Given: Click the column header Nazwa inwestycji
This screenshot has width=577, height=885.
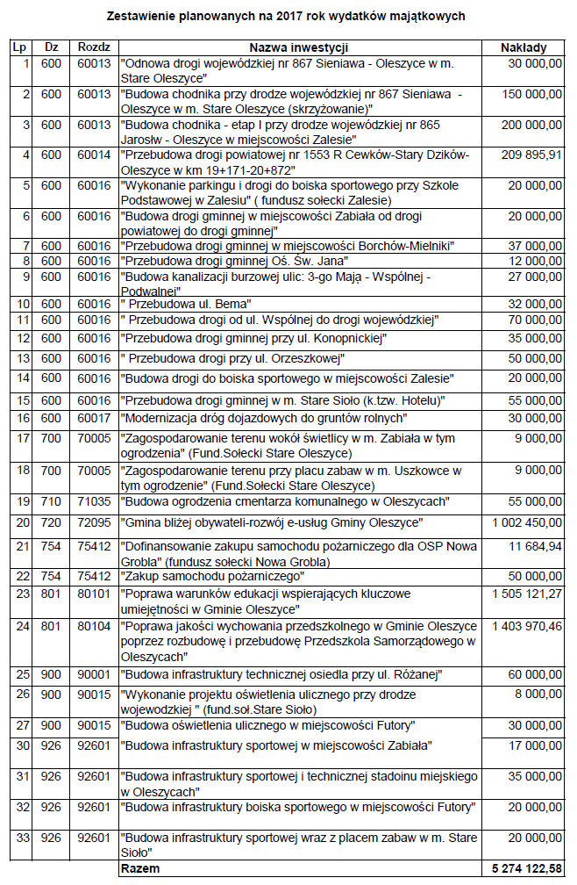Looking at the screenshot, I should [x=299, y=47].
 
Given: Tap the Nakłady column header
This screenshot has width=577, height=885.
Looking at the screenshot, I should [x=524, y=47].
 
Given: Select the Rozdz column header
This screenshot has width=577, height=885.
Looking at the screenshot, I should [x=93, y=47].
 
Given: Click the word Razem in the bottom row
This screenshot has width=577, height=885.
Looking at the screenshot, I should [x=139, y=867].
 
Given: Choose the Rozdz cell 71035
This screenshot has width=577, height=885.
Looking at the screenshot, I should [x=93, y=501].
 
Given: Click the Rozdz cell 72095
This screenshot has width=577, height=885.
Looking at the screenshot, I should [x=93, y=523].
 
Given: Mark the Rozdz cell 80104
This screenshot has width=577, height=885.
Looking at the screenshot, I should [x=93, y=627].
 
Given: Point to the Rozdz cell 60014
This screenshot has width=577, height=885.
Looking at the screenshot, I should [x=93, y=155].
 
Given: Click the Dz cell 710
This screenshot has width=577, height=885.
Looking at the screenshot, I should [x=52, y=501].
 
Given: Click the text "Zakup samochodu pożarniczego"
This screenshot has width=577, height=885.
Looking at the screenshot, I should [x=213, y=576].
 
